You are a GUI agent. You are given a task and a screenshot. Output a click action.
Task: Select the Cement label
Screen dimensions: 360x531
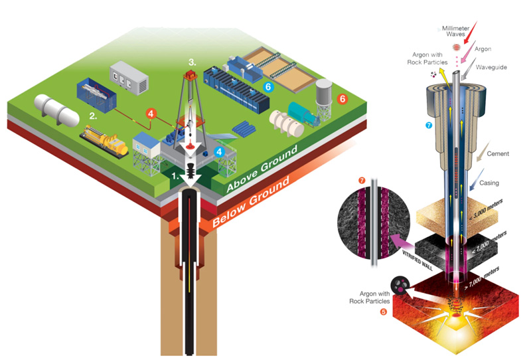pos(496,153)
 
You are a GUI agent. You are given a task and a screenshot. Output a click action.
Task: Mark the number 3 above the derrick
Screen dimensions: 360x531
pos(192,62)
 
